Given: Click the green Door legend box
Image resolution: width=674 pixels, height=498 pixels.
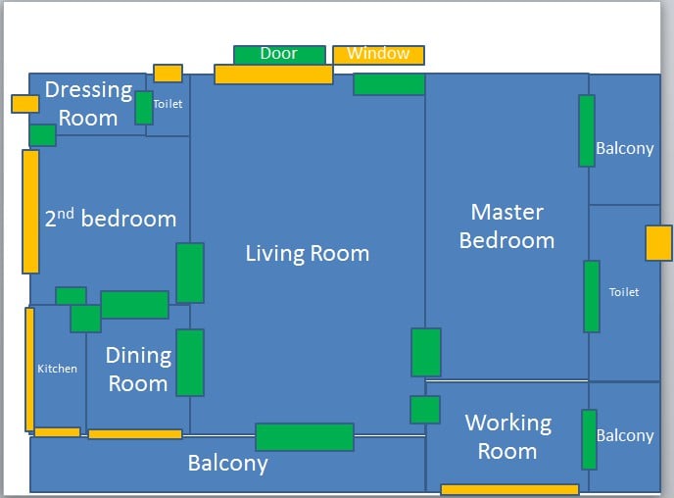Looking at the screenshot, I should click(279, 55).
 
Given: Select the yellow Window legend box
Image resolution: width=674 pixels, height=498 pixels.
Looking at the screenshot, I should click(378, 55).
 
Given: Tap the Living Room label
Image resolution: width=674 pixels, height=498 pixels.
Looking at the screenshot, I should click(307, 254).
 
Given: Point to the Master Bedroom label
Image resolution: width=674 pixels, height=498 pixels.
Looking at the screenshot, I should click(506, 226).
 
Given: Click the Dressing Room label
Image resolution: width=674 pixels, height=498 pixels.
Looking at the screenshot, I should click(88, 104).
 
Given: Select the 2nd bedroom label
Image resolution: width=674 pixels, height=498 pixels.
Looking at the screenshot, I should click(111, 219).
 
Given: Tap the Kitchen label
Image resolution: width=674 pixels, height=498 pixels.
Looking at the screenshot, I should click(57, 369).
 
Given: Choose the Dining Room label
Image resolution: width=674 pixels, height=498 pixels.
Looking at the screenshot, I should click(138, 370).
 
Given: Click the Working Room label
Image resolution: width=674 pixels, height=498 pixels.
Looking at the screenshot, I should click(507, 437).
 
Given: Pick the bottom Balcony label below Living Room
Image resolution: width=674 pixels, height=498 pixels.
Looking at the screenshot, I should click(227, 464).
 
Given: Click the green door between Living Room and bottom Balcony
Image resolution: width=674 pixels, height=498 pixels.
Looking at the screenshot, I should click(305, 437).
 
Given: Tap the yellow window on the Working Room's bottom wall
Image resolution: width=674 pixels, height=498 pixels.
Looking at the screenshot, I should click(509, 489).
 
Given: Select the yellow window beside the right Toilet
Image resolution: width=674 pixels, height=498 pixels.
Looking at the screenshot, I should click(658, 243).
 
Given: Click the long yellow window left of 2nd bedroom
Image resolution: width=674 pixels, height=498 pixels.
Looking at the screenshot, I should click(30, 212).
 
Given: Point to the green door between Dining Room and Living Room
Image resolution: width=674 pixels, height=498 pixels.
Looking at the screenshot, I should click(190, 363).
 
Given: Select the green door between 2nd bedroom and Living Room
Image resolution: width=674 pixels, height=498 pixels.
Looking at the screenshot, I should click(190, 273).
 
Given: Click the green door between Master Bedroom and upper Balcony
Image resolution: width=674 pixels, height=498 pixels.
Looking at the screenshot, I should click(587, 131).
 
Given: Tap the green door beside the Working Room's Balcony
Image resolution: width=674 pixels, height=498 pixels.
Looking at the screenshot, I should click(589, 439).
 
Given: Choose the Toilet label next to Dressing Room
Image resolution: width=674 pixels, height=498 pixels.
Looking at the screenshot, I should click(168, 104).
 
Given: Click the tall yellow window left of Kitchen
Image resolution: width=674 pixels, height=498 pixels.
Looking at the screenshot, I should click(29, 370).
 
